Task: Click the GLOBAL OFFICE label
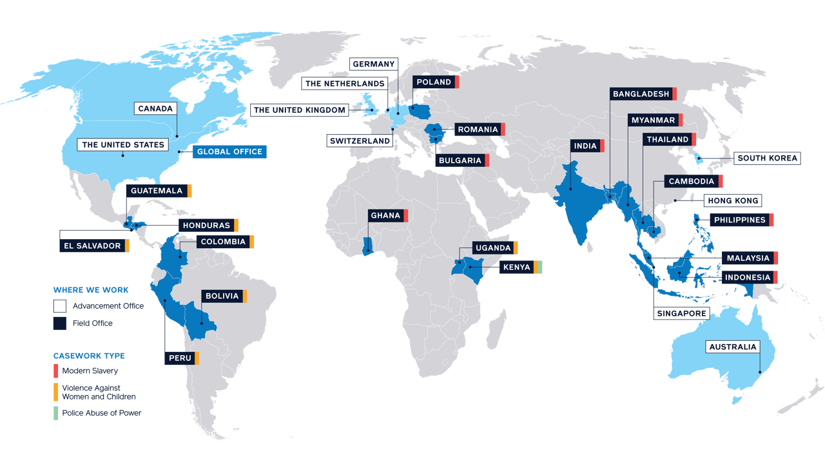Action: click(x=229, y=152)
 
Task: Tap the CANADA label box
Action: click(x=155, y=108)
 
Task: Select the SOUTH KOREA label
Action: click(x=767, y=158)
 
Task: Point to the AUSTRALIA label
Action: click(x=732, y=347)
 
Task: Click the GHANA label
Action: click(x=385, y=215)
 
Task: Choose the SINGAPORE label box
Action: click(x=681, y=313)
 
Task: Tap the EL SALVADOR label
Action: click(x=92, y=246)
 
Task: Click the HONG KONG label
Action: click(x=732, y=200)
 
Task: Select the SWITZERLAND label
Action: click(x=360, y=140)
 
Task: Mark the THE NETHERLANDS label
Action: click(x=344, y=84)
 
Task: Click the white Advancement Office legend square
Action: click(x=60, y=306)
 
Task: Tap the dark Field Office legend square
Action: click(x=60, y=324)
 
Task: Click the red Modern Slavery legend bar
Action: click(x=56, y=371)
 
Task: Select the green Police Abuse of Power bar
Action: click(x=56, y=413)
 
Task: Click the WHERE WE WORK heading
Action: click(x=82, y=290)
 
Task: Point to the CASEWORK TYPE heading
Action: click(x=80, y=356)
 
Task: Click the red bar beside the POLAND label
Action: click(x=456, y=82)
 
